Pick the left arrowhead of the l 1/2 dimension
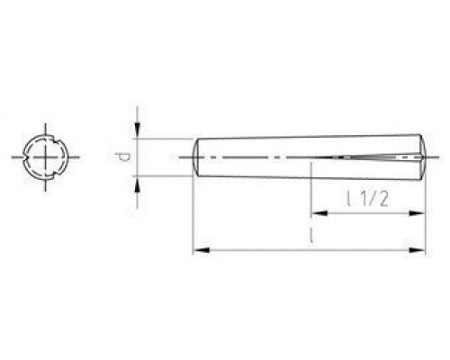pos(317,214)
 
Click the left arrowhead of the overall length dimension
pos(200,248)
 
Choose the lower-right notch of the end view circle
pos(55,173)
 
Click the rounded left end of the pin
pos(197,157)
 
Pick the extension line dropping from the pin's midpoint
pos(310,193)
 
